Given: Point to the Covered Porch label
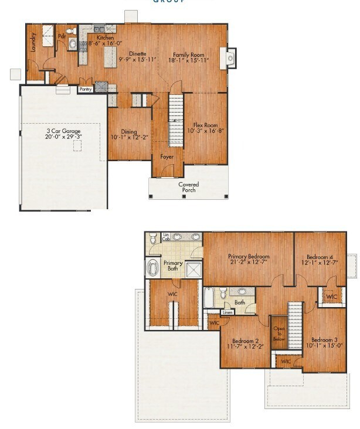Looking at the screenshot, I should pyautogui.click(x=189, y=187).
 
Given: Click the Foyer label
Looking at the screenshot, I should pyautogui.click(x=167, y=156).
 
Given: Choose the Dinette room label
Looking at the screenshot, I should pyautogui.click(x=138, y=53).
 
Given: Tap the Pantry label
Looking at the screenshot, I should pyautogui.click(x=86, y=90).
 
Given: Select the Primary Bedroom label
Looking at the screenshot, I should pyautogui.click(x=249, y=257).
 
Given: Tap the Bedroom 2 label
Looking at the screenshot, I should pyautogui.click(x=245, y=341).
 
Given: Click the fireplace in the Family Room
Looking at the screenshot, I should pyautogui.click(x=229, y=57).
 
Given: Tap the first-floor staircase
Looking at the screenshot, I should pyautogui.click(x=176, y=120).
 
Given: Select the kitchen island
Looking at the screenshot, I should pyautogui.click(x=109, y=57).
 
